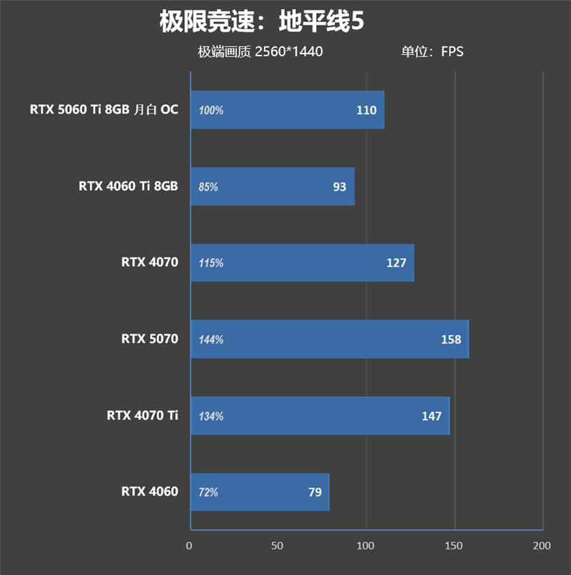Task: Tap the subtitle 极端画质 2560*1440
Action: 261,52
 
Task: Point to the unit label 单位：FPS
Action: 432,52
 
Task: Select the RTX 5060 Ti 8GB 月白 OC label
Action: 103,110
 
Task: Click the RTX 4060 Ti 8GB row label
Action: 128,186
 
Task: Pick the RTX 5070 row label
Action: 149,339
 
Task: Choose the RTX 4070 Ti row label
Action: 142,415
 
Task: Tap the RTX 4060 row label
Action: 149,492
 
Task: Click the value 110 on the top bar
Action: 366,111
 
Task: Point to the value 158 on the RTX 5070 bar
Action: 451,340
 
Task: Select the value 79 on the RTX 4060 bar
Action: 315,492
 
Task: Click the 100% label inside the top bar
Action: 211,111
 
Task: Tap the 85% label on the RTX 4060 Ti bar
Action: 208,187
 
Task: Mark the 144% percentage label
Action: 211,340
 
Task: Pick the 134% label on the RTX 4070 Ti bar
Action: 211,416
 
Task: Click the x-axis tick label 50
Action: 278,546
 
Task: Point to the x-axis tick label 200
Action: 542,546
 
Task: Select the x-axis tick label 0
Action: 189,546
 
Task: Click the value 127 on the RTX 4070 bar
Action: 396,263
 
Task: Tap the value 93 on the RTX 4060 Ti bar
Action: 339,187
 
